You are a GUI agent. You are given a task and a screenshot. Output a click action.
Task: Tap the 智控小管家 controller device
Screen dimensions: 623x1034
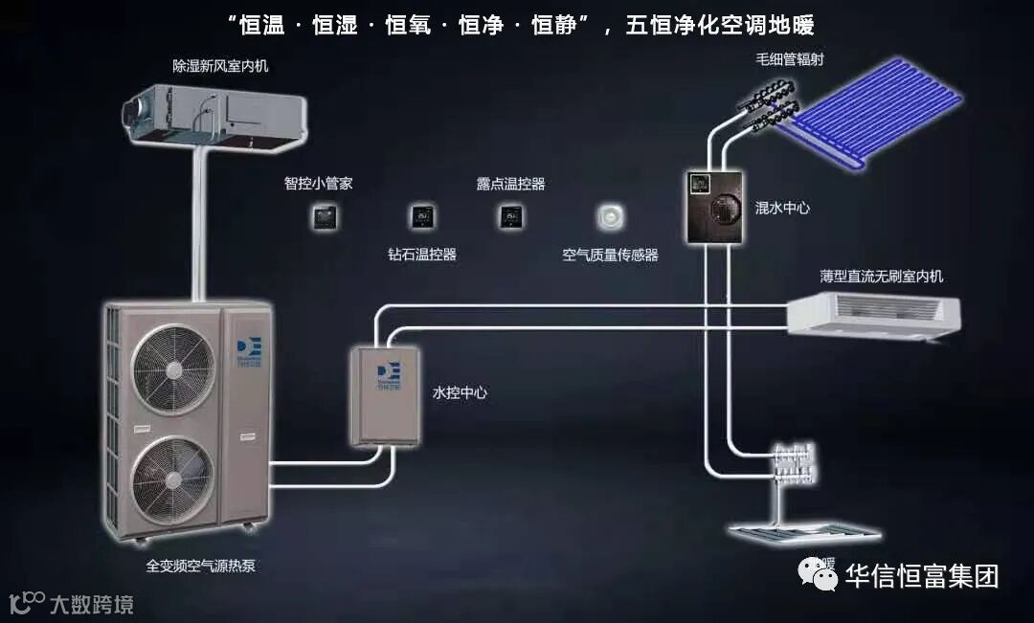[x=325, y=216]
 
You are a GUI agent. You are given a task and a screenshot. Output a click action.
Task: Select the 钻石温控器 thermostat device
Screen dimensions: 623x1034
[x=421, y=217]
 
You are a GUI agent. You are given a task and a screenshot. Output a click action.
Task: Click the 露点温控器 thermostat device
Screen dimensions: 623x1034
[x=508, y=216]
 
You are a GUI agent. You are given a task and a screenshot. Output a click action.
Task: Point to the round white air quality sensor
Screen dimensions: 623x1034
[x=610, y=217]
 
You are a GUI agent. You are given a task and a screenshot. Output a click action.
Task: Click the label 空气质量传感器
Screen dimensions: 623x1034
[x=610, y=256]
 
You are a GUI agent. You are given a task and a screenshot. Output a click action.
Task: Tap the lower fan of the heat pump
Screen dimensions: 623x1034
[x=172, y=477]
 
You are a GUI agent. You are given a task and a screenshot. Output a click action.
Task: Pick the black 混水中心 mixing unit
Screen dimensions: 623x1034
[x=714, y=207]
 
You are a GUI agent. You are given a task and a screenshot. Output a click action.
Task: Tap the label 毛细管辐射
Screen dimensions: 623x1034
[x=789, y=59]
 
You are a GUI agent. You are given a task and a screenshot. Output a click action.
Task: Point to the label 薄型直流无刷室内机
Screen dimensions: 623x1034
[x=881, y=277]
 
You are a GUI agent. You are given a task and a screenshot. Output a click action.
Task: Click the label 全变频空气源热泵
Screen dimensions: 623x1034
[x=200, y=566]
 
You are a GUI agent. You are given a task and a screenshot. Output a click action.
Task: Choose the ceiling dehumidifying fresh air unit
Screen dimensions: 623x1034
[x=214, y=116]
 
